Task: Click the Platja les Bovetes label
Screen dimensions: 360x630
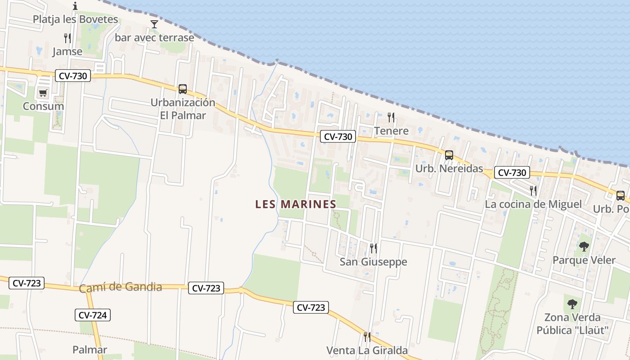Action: (75, 19)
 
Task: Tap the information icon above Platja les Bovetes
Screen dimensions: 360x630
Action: (75, 6)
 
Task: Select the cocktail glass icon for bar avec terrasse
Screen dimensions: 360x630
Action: (154, 24)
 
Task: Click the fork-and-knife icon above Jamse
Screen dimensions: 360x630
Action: (67, 38)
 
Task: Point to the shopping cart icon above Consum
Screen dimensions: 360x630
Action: (43, 93)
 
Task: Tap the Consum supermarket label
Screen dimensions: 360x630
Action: (43, 107)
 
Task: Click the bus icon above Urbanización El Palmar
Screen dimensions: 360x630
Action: (183, 89)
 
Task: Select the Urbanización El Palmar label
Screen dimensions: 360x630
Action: (183, 109)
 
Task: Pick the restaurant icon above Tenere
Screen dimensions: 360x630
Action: (391, 117)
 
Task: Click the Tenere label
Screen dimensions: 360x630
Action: (391, 131)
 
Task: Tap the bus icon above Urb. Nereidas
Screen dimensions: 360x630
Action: (449, 155)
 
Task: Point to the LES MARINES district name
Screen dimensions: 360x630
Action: (296, 204)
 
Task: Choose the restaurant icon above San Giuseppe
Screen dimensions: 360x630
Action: (373, 248)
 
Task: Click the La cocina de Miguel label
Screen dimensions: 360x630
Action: (533, 204)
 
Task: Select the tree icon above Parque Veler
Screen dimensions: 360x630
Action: (584, 246)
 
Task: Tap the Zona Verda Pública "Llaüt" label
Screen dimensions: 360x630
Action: (572, 324)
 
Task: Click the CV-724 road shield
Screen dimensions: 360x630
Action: (93, 315)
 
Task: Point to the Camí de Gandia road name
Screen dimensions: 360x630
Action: (121, 287)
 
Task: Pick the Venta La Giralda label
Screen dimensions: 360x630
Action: (367, 350)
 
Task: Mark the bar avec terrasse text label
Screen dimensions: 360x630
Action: (154, 37)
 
